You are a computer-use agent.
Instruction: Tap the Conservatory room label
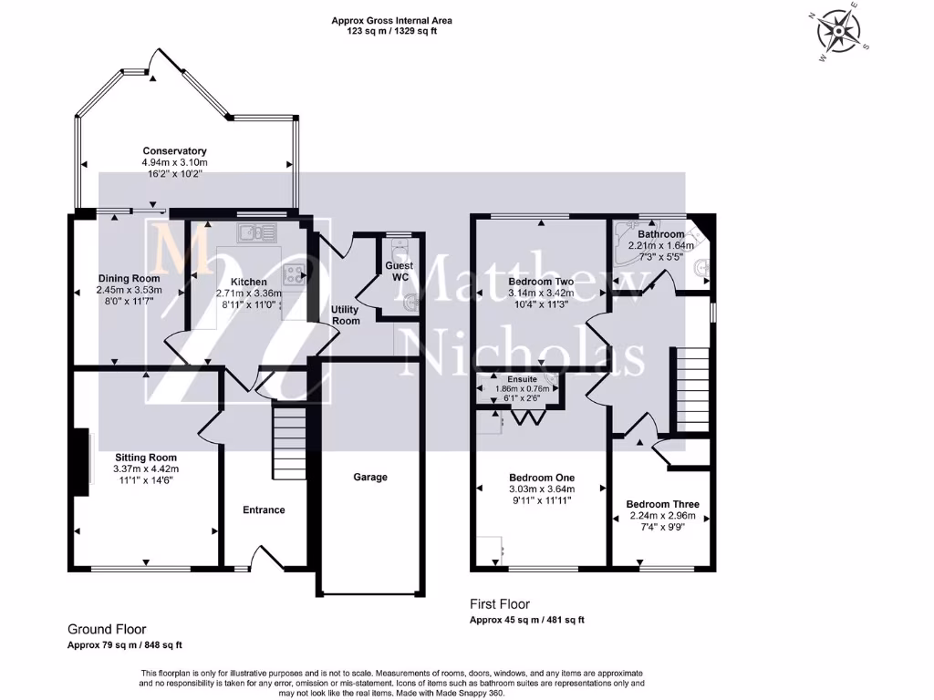point(174,151)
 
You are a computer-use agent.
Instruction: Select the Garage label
point(370,477)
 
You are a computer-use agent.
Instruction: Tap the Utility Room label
point(345,315)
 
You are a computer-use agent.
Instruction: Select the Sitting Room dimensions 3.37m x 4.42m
point(146,468)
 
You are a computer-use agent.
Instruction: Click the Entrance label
point(264,510)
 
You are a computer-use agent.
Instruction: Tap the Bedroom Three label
point(662,504)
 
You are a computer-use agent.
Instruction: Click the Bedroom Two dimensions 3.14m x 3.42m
point(541,293)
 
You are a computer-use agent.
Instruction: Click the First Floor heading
point(499,604)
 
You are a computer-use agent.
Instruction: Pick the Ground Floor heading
point(107,629)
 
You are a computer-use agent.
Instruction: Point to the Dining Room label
point(129,279)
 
